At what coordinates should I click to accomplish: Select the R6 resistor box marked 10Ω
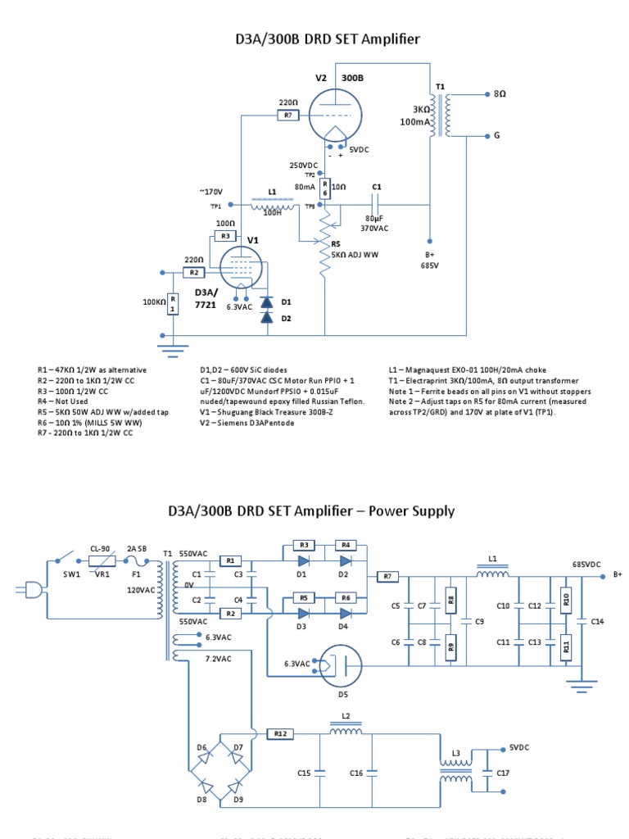324,188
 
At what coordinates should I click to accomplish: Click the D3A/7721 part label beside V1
206,298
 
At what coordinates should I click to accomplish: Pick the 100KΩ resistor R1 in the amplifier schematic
173,304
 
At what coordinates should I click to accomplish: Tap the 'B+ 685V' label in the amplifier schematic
430,260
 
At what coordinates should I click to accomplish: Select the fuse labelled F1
138,562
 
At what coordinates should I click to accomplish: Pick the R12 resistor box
280,733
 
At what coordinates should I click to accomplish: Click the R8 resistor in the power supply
450,605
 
